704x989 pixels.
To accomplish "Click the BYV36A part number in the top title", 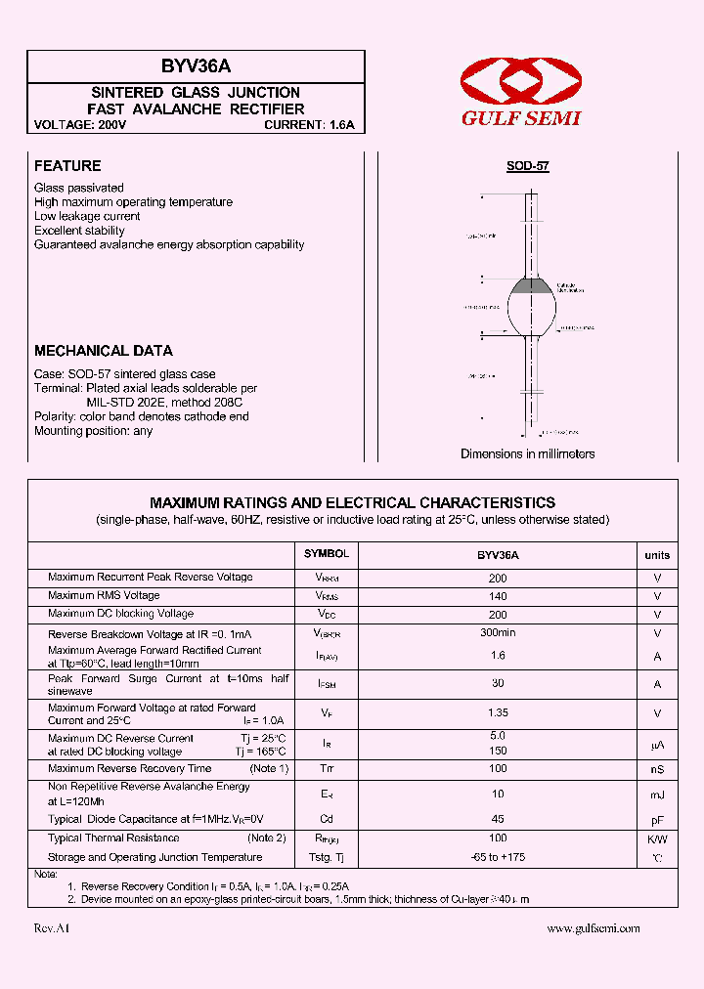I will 196,67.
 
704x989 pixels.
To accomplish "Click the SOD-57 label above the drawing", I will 528,166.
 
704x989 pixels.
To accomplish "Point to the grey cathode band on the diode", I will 533,286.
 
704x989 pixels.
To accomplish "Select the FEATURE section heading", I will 67,166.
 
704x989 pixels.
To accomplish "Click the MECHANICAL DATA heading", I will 104,351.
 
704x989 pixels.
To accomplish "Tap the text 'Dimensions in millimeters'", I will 528,453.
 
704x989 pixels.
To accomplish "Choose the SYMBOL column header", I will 327,554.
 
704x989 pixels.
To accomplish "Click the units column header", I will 657,555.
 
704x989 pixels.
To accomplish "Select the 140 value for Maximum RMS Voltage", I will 498,596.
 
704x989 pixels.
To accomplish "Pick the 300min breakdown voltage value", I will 498,633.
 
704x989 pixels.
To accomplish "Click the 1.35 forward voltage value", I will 498,714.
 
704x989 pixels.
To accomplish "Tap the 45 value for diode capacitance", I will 498,819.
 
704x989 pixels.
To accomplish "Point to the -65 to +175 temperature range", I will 498,857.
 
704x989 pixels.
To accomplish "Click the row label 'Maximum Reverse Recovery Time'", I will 130,769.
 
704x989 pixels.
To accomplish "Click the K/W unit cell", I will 657,838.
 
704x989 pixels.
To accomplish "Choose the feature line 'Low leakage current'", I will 87,216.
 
